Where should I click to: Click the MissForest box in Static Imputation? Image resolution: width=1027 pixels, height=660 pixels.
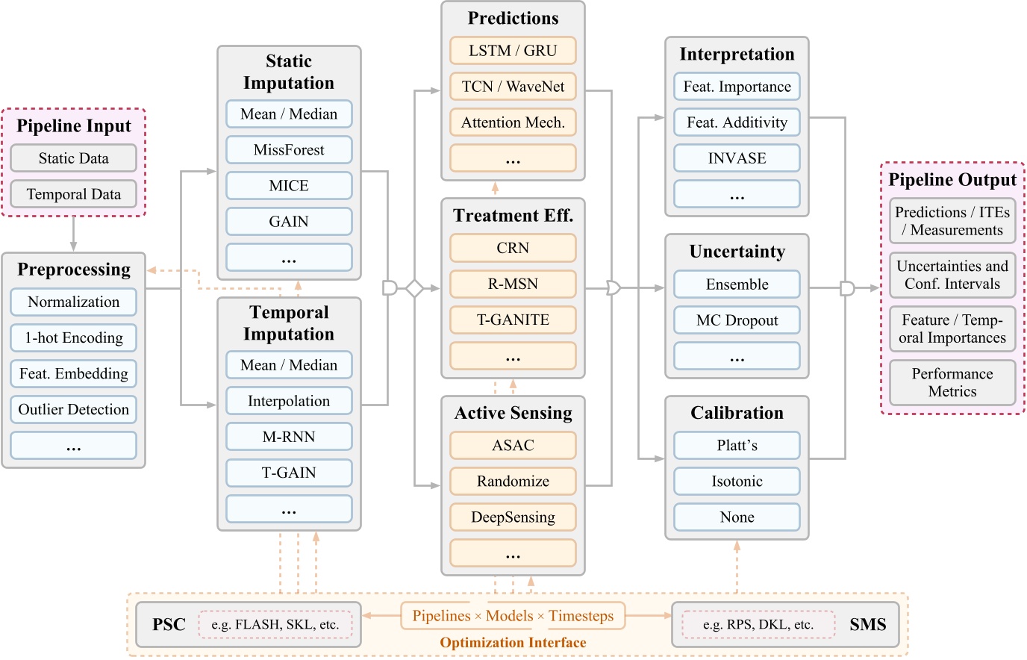click(x=289, y=150)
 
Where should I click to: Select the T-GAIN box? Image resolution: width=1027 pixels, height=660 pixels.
click(x=289, y=473)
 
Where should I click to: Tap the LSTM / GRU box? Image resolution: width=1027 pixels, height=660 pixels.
click(x=513, y=51)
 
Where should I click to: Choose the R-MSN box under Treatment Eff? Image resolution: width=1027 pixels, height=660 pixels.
click(x=513, y=284)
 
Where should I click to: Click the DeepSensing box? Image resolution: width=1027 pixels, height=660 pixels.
click(x=513, y=517)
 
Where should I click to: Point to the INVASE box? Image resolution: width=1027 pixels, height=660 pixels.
click(x=737, y=158)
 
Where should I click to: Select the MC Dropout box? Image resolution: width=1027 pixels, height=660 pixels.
click(x=737, y=320)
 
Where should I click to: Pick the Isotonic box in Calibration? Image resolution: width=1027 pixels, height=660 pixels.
click(x=737, y=482)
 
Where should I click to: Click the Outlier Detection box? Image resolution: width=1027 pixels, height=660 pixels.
click(x=73, y=410)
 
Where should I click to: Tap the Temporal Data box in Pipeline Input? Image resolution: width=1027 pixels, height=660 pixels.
click(x=73, y=194)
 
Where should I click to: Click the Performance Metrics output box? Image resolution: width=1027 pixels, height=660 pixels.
click(x=952, y=382)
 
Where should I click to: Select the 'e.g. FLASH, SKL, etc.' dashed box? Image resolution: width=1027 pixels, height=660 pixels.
click(x=275, y=625)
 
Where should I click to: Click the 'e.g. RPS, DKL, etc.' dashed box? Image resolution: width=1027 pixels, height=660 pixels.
click(x=758, y=625)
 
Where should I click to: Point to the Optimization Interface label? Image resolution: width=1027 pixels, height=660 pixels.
click(x=513, y=643)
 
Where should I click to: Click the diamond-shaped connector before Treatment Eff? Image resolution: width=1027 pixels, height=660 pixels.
click(x=414, y=288)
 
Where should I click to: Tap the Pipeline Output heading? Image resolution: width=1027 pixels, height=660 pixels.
click(x=952, y=180)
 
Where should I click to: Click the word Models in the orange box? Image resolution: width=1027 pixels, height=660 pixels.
click(x=509, y=616)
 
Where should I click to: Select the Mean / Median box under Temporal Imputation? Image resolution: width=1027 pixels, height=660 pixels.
click(x=289, y=365)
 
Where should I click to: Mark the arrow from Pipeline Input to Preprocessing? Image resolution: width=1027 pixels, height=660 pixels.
click(x=73, y=234)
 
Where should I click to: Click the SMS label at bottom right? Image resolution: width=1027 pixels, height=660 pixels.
click(x=867, y=625)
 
